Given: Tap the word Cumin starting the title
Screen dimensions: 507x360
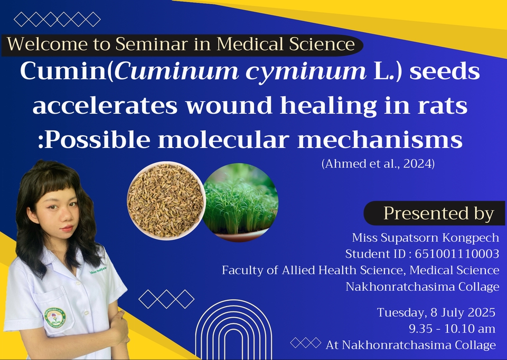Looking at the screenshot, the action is coord(63,71).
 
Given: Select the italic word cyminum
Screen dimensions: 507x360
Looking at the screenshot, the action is coord(306,72).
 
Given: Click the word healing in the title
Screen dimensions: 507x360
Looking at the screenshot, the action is coord(328,106).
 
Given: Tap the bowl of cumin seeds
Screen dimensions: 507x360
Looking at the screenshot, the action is coord(166,201).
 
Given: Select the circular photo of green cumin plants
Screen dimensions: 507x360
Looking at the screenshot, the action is coord(240,202).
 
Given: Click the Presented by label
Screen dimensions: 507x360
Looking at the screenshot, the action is coord(439,214).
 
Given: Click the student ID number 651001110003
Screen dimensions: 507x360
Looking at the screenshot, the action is coord(457,254).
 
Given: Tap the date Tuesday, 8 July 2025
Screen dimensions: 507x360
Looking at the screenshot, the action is coord(436,312).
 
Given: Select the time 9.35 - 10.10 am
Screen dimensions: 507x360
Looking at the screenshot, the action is coord(452,329).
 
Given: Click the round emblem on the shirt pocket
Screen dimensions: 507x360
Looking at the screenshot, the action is coord(55,317).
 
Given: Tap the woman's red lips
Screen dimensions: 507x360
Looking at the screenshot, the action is coord(67,228).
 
